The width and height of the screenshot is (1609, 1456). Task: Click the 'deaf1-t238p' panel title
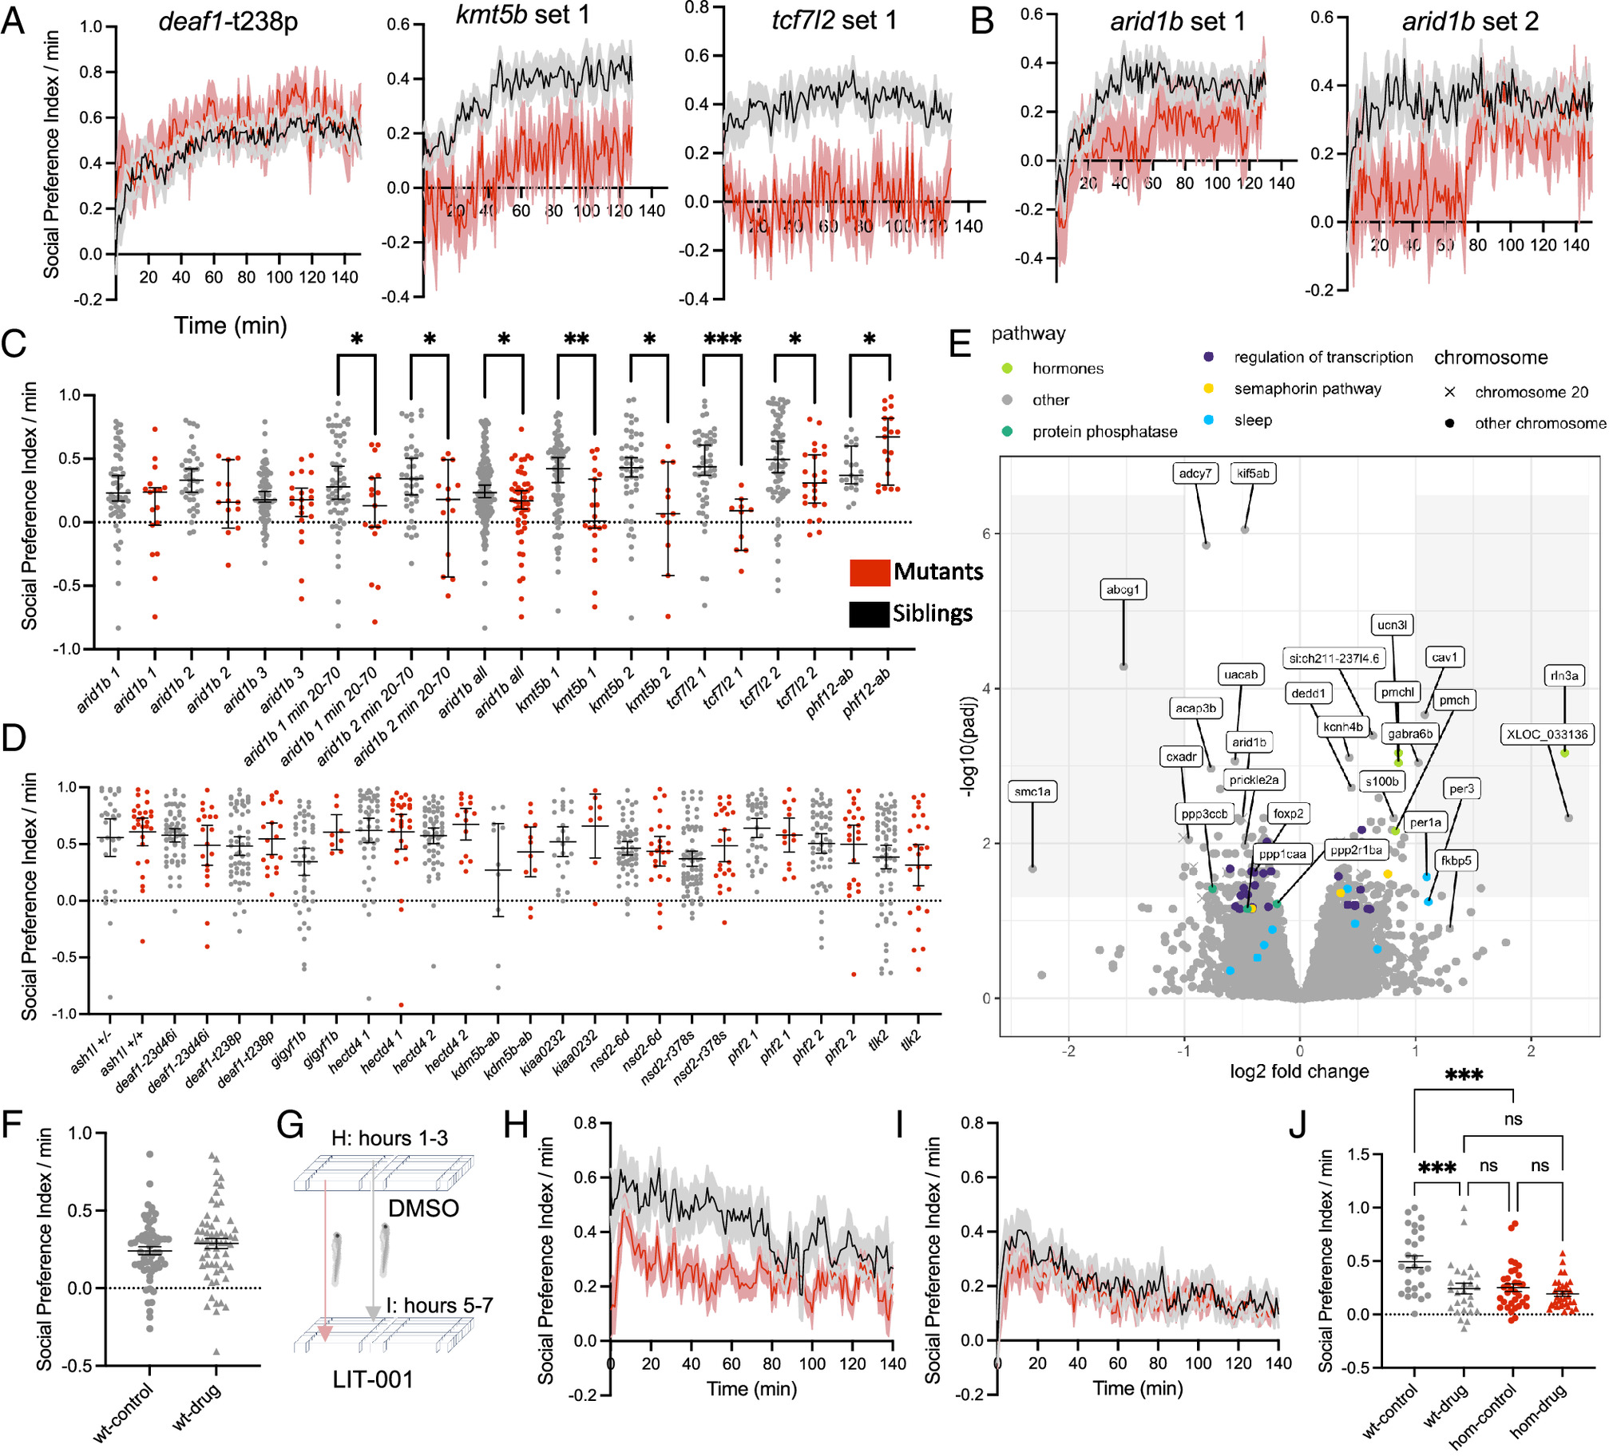[228, 22]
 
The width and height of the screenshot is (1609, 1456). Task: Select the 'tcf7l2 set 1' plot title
[834, 20]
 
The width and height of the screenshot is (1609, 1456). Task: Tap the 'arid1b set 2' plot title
[1470, 22]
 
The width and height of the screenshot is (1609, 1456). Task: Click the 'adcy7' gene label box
[1195, 473]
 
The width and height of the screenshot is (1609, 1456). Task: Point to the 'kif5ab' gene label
[1253, 473]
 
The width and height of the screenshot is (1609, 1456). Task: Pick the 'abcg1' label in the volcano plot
[1123, 589]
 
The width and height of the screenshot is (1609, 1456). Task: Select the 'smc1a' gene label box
[1032, 791]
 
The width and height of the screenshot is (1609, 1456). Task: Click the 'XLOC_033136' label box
[1546, 734]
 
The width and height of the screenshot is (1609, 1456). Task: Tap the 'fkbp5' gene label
[1456, 861]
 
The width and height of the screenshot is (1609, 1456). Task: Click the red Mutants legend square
[870, 572]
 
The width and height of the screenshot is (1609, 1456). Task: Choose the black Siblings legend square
[869, 614]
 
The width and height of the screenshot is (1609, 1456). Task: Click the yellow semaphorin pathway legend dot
[1209, 389]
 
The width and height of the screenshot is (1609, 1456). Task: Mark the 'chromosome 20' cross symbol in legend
[1449, 392]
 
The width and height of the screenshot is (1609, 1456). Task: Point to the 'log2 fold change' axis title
[1299, 1071]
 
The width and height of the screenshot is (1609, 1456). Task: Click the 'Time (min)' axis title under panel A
[231, 326]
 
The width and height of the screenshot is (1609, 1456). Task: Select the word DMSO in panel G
[423, 1208]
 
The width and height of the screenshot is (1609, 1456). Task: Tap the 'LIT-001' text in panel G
[373, 1379]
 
